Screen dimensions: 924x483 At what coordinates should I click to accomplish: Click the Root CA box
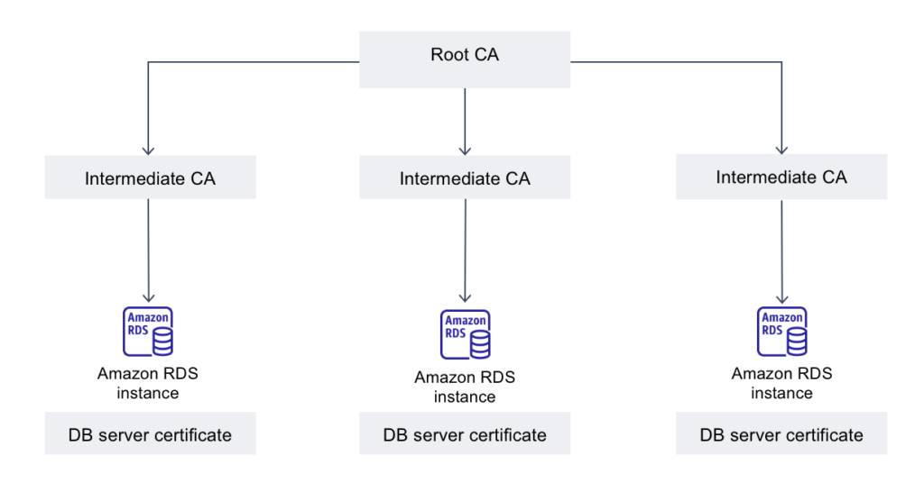click(465, 59)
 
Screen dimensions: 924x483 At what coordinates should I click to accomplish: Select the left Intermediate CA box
click(151, 178)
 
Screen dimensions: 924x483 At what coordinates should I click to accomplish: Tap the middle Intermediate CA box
click(465, 178)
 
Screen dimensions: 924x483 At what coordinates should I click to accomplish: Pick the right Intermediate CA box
click(781, 177)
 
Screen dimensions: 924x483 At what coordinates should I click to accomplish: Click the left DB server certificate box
click(151, 433)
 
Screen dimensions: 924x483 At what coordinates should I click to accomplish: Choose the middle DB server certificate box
click(465, 433)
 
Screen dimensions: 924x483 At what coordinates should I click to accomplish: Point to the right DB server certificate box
click(781, 433)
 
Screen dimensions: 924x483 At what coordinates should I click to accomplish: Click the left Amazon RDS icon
click(148, 332)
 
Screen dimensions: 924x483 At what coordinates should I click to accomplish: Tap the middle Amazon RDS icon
click(466, 334)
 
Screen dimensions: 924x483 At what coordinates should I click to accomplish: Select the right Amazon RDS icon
click(782, 332)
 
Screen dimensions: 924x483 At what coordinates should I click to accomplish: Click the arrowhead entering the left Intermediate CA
click(148, 150)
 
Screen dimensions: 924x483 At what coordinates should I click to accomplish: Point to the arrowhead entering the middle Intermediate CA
click(465, 150)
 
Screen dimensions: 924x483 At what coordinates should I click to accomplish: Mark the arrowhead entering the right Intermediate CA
click(782, 150)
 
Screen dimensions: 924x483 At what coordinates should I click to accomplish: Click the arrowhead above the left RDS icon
click(149, 297)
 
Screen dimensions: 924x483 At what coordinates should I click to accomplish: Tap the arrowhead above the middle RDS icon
click(465, 297)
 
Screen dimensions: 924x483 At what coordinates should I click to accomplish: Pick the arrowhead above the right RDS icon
click(782, 299)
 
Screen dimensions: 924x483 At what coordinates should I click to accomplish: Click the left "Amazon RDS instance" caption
click(148, 383)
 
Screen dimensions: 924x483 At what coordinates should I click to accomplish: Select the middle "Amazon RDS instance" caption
click(465, 387)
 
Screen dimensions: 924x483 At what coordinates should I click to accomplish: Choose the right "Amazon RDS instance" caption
click(782, 383)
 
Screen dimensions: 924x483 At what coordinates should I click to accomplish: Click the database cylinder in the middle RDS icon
click(480, 344)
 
